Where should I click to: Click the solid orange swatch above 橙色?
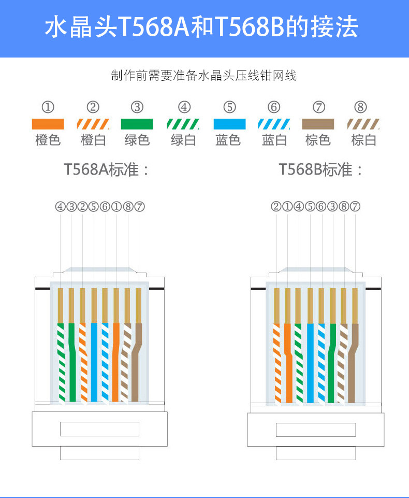coord(48,124)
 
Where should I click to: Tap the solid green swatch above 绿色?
coord(137,124)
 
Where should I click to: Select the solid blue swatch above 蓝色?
coord(229,124)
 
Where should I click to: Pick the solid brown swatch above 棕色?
coord(318,124)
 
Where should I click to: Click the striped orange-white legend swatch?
coord(93,124)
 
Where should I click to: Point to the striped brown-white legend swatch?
coord(363,124)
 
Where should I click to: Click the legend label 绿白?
coord(183,140)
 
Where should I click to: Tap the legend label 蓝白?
coord(274,140)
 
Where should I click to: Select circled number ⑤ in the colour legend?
coord(229,107)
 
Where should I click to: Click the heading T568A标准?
coord(107,169)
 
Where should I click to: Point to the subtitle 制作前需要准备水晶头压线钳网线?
coord(204,76)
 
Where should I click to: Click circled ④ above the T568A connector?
coord(61,207)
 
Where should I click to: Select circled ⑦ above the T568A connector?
coord(139,207)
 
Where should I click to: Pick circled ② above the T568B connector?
coord(276,207)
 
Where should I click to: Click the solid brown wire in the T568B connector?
coord(353,363)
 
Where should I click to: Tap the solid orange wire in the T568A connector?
coord(115,363)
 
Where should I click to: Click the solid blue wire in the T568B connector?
coord(310,363)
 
